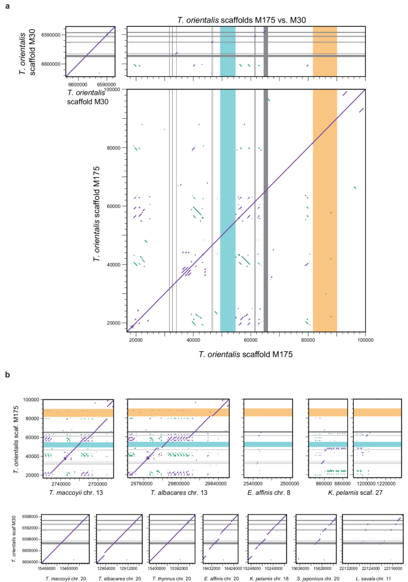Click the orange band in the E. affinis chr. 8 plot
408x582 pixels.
click(267, 412)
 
